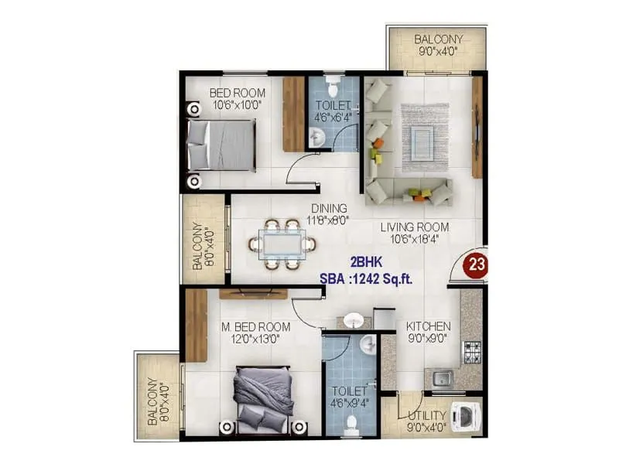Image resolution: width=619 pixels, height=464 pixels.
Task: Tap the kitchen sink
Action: (x=442, y=379)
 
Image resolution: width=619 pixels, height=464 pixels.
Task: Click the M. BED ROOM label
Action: (x=256, y=326)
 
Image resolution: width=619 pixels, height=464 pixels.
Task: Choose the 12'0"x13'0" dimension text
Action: (x=256, y=338)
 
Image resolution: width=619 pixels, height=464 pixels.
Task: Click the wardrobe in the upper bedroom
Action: (x=293, y=114)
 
